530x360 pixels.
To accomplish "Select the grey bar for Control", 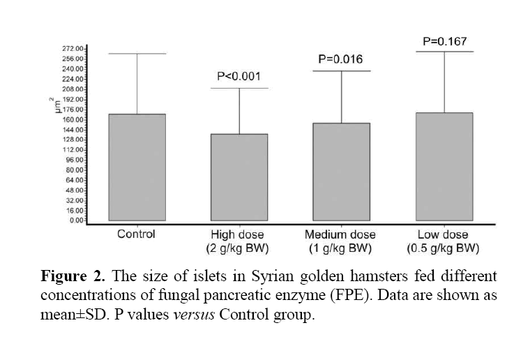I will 136,167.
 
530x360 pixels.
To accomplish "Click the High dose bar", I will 239,177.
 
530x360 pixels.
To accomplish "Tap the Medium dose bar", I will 341,172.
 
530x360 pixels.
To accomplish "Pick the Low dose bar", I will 444,167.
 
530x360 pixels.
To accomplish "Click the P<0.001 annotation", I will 239,76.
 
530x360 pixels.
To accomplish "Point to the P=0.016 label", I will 341,59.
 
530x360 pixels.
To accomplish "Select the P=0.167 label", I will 444,42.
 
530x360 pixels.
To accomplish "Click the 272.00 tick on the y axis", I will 73,49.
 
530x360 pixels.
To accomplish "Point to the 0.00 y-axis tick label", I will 75,220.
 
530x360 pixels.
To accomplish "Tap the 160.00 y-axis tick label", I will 73,119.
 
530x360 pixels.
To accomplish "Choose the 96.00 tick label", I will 74,160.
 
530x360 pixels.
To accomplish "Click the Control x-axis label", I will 136,234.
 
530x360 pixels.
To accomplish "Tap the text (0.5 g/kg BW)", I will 444,248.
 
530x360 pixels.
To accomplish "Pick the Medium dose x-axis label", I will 341,234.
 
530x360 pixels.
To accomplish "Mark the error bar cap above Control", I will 136,53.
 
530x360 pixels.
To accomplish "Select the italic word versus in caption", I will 192,315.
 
